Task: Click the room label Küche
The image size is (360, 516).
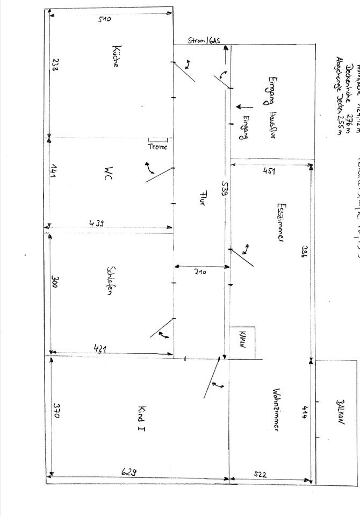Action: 116,55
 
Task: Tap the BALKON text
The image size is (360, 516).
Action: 340,413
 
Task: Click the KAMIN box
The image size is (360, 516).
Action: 242,340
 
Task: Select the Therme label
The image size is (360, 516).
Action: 158,147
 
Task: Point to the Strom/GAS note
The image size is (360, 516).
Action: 204,40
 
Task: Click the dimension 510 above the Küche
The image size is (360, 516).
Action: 104,19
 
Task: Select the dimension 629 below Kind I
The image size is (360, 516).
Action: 128,471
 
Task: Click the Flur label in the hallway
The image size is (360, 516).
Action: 203,197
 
